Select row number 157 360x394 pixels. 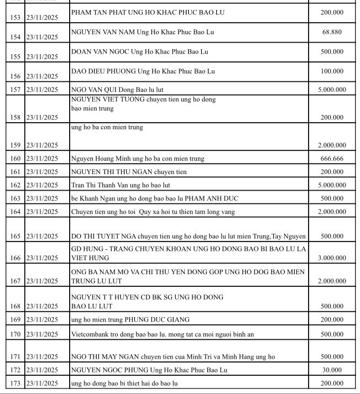pyautogui.click(x=15, y=90)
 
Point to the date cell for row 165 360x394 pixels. pyautogui.click(x=42, y=237)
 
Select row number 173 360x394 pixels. pyautogui.click(x=15, y=383)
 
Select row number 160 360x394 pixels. pyautogui.click(x=15, y=159)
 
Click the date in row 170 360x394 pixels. pyautogui.click(x=42, y=334)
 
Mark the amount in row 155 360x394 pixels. pyautogui.click(x=332, y=52)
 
